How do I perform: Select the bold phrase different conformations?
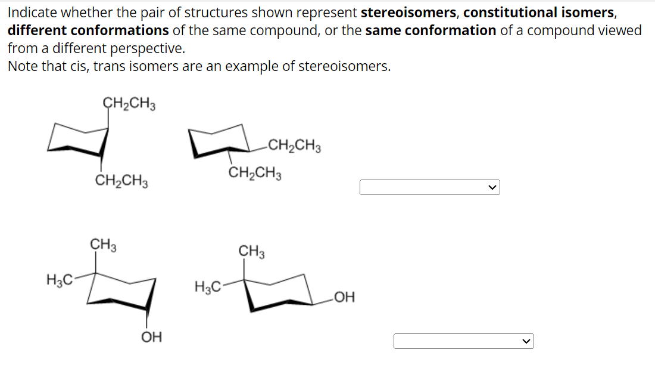pyautogui.click(x=88, y=30)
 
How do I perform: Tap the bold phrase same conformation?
pyautogui.click(x=431, y=30)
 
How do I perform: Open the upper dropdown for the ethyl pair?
pyautogui.click(x=429, y=187)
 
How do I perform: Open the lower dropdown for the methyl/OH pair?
pyautogui.click(x=463, y=341)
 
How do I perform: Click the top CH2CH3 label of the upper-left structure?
pyautogui.click(x=130, y=103)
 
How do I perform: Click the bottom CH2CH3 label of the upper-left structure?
pyautogui.click(x=121, y=181)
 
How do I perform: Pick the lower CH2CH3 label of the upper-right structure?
pyautogui.click(x=255, y=174)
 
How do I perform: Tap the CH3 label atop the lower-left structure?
pyautogui.click(x=102, y=245)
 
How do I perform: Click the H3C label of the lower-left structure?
pyautogui.click(x=59, y=279)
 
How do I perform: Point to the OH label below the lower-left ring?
pyautogui.click(x=151, y=338)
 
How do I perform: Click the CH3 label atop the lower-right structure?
pyautogui.click(x=251, y=251)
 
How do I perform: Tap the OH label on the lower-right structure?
pyautogui.click(x=344, y=297)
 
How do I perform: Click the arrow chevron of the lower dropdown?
pyautogui.click(x=525, y=341)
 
